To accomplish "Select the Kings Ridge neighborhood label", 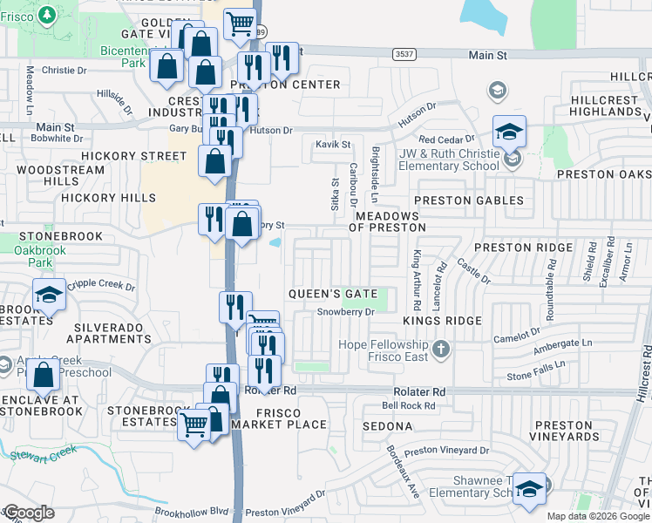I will coord(442,321).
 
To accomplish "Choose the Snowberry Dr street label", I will coord(345,311).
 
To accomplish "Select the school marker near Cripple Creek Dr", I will coord(49,296).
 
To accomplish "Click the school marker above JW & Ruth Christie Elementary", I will coord(509,132).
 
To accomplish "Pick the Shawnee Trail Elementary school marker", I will coord(528,490).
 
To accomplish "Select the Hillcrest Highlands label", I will coord(605,106).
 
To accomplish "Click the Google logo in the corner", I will coord(28,512).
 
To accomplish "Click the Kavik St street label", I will coord(333,144).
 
